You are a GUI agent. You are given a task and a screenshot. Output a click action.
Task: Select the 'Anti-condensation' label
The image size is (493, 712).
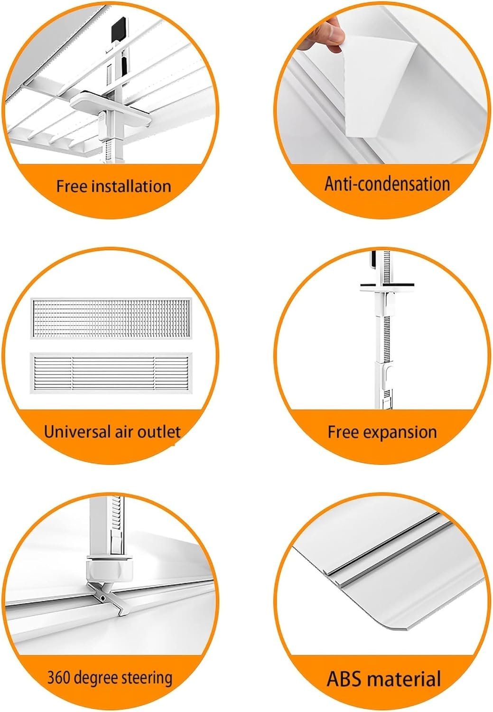387,184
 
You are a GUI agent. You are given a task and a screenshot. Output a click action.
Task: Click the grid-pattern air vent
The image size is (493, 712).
111,318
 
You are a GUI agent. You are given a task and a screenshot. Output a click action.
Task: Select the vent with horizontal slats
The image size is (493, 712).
111,373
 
